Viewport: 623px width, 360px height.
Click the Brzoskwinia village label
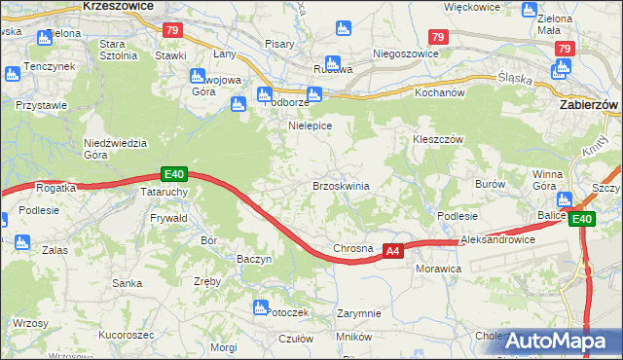(340, 186)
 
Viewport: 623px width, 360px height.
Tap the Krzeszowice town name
(118, 6)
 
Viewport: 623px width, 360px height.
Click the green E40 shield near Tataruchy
(173, 174)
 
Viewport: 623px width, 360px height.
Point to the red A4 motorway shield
(391, 250)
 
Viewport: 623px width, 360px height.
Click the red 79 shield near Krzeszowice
(172, 31)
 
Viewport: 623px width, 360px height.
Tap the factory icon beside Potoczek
(260, 308)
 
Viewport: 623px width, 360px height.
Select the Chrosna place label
(353, 248)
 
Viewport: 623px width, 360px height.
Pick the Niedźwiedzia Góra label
(115, 148)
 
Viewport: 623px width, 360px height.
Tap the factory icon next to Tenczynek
(13, 73)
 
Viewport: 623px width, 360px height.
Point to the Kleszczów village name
(435, 139)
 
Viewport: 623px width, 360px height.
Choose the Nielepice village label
(311, 126)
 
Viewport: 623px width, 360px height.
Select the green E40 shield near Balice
(581, 220)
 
